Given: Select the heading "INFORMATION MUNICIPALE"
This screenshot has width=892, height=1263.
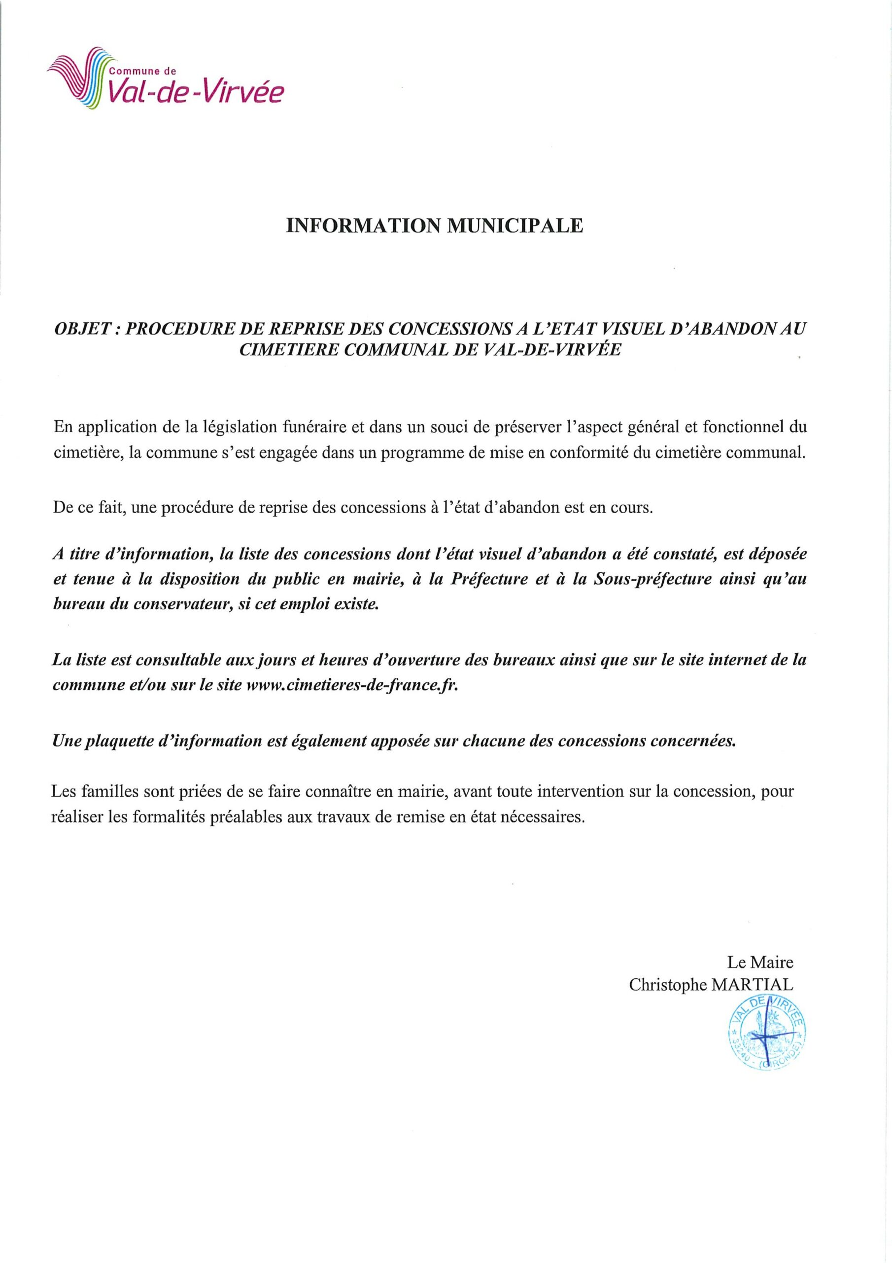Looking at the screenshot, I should click(x=434, y=226).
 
